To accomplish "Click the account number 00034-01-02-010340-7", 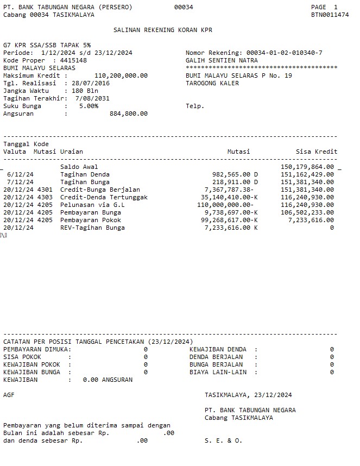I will pyautogui.click(x=284, y=53).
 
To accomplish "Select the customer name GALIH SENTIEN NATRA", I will pyautogui.click(x=222, y=60).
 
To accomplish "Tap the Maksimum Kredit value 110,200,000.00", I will pyautogui.click(x=121, y=75).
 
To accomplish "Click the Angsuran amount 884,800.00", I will pyautogui.click(x=129, y=114).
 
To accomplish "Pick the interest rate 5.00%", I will pyautogui.click(x=89, y=106).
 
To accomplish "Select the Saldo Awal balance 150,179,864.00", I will pyautogui.click(x=307, y=167).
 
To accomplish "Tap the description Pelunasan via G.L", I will pyautogui.click(x=92, y=205).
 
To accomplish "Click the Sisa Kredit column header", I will pyautogui.click(x=316, y=152).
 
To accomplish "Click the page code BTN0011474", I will pyautogui.click(x=330, y=15).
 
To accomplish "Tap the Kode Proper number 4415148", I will pyautogui.click(x=73, y=60).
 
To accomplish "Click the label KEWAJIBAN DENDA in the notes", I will pyautogui.click(x=218, y=349).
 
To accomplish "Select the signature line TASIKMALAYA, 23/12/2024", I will pyautogui.click(x=248, y=395).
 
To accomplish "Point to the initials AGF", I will pyautogui.click(x=9, y=395).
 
